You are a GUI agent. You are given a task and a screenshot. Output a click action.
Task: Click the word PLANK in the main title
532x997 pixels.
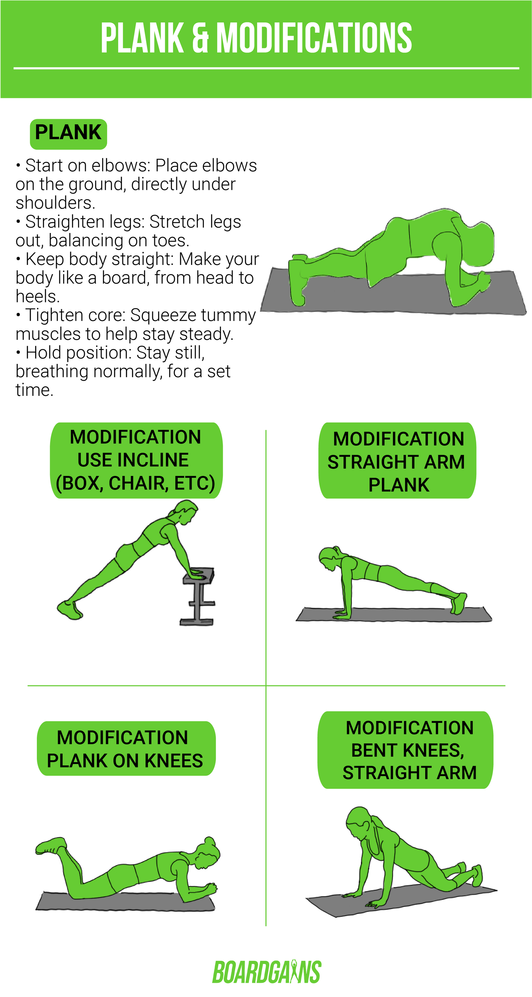142,38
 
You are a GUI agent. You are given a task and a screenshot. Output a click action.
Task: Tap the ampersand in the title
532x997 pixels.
200,38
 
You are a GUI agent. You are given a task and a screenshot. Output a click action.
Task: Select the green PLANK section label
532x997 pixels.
68,133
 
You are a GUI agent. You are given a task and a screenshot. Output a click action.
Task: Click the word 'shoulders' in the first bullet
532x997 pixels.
55,203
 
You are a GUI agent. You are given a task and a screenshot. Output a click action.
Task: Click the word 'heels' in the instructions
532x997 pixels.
37,297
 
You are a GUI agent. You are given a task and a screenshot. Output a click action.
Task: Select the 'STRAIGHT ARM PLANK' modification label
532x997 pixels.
397,461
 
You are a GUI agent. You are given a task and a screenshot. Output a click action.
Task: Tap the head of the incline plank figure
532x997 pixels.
186,511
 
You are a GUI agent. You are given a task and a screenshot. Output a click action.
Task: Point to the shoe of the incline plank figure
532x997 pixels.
70,610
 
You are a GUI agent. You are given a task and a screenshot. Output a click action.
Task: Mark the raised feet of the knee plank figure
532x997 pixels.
50,846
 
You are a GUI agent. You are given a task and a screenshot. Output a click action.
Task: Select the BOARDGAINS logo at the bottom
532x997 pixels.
267,972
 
